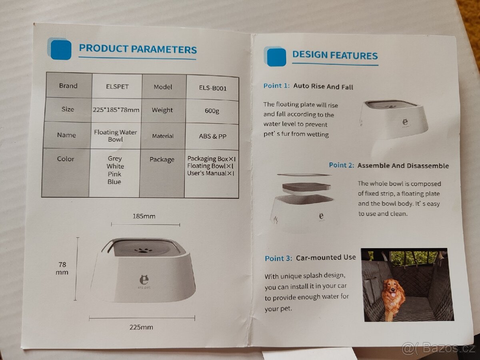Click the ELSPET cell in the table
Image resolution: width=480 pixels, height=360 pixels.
pyautogui.click(x=117, y=86)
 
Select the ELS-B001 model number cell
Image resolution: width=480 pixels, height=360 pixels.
pyautogui.click(x=212, y=88)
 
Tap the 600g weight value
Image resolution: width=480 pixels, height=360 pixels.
pyautogui.click(x=212, y=111)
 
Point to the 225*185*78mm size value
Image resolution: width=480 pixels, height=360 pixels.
pyautogui.click(x=116, y=110)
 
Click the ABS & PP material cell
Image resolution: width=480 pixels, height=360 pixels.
pyautogui.click(x=212, y=136)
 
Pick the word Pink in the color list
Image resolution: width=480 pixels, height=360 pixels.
pyautogui.click(x=114, y=174)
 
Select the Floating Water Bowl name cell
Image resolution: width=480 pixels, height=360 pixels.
pyautogui.click(x=116, y=136)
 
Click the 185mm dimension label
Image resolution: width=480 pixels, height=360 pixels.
pyautogui.click(x=144, y=216)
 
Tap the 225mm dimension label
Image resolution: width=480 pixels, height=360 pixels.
pyautogui.click(x=141, y=327)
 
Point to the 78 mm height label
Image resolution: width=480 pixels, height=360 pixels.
pyautogui.click(x=62, y=268)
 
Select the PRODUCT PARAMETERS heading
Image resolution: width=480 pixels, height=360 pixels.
pyautogui.click(x=138, y=49)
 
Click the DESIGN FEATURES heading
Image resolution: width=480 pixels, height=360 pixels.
pyautogui.click(x=335, y=55)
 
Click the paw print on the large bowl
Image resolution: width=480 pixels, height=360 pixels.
pyautogui.click(x=144, y=250)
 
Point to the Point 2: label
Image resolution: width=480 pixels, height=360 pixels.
pyautogui.click(x=341, y=165)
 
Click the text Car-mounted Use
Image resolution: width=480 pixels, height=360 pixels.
pyautogui.click(x=326, y=258)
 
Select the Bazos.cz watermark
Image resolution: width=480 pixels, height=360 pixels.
pyautogui.click(x=438, y=348)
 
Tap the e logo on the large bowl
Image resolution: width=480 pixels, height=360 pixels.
pyautogui.click(x=144, y=280)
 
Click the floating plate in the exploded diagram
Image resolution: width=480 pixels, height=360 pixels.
pyautogui.click(x=306, y=188)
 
